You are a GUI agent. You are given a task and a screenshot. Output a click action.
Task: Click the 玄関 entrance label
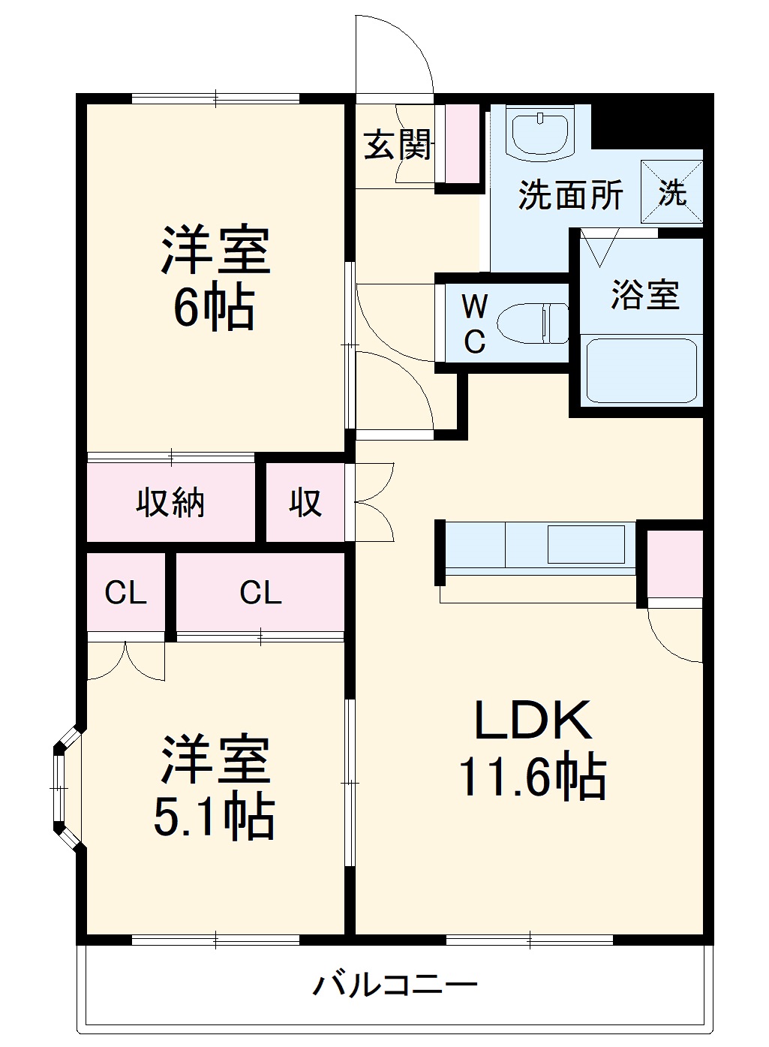(x=398, y=145)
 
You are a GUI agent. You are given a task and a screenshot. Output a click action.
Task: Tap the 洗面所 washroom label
(x=570, y=195)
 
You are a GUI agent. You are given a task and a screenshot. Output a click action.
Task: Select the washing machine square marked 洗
(x=671, y=192)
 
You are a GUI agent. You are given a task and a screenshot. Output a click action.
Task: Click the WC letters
(x=474, y=323)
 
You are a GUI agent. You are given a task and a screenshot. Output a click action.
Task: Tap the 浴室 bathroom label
(x=644, y=294)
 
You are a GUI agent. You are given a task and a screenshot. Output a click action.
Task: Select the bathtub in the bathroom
(x=642, y=371)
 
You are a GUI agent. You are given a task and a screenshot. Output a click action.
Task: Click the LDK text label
(x=533, y=721)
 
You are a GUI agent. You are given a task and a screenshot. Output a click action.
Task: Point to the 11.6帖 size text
(x=533, y=777)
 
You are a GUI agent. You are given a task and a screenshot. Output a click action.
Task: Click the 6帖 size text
(x=215, y=308)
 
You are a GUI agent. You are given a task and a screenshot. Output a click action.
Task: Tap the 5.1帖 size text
(x=215, y=817)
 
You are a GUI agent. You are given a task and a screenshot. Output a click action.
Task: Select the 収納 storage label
(x=170, y=502)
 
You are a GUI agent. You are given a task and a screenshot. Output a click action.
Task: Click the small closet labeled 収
(x=305, y=502)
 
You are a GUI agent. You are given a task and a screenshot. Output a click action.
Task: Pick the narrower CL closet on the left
(x=125, y=593)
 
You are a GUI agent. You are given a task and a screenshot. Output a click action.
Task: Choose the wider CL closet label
(x=260, y=593)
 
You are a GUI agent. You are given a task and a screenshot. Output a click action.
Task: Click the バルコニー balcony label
(x=395, y=984)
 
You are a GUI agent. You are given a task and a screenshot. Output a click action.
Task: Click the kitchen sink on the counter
(x=586, y=544)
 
